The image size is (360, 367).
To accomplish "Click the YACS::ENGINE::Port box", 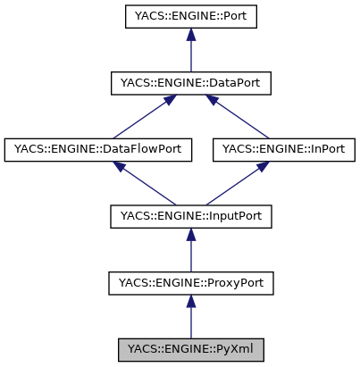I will pos(189,16).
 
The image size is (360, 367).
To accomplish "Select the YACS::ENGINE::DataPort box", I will pos(189,83).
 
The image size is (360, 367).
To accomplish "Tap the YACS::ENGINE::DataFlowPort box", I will pos(98,150).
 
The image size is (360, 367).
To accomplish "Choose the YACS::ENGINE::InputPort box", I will pos(189,217).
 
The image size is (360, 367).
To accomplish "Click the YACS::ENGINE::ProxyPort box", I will pos(189,284).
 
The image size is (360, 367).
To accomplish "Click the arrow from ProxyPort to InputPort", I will pos(189,252).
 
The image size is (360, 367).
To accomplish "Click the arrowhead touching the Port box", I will pos(189,36).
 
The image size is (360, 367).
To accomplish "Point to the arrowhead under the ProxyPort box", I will pos(189,303).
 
